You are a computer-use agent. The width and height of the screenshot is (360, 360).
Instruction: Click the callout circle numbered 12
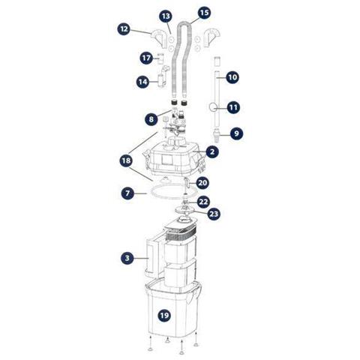tap(124, 29)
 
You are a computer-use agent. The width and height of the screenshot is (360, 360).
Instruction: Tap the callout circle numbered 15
tap(204, 13)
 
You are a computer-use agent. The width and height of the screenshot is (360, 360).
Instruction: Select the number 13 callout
tap(166, 16)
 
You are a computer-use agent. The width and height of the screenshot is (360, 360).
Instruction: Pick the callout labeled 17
tap(146, 58)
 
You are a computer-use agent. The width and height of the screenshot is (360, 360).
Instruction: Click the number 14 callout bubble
tap(143, 82)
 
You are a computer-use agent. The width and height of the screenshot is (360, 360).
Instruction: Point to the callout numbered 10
tap(232, 77)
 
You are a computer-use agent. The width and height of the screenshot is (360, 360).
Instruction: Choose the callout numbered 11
tap(233, 107)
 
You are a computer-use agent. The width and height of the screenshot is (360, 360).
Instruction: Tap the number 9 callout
tap(236, 133)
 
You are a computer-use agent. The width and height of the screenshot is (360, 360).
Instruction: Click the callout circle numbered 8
tap(151, 119)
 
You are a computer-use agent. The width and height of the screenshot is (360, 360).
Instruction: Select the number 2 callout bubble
tap(212, 151)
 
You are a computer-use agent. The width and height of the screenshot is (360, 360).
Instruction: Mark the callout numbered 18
tap(126, 160)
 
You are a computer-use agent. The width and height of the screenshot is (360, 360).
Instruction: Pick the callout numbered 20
tap(202, 183)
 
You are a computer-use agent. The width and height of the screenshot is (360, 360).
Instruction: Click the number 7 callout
tap(127, 193)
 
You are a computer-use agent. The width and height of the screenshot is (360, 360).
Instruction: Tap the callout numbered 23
tap(214, 214)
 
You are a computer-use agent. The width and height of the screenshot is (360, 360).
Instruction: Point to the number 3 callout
tap(127, 258)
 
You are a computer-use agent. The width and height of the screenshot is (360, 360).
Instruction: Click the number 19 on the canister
tap(164, 315)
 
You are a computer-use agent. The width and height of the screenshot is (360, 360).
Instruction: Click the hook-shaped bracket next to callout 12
tap(158, 39)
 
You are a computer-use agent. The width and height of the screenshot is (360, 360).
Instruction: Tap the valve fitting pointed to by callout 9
tap(216, 134)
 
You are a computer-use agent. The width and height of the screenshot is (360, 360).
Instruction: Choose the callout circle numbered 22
tap(203, 202)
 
